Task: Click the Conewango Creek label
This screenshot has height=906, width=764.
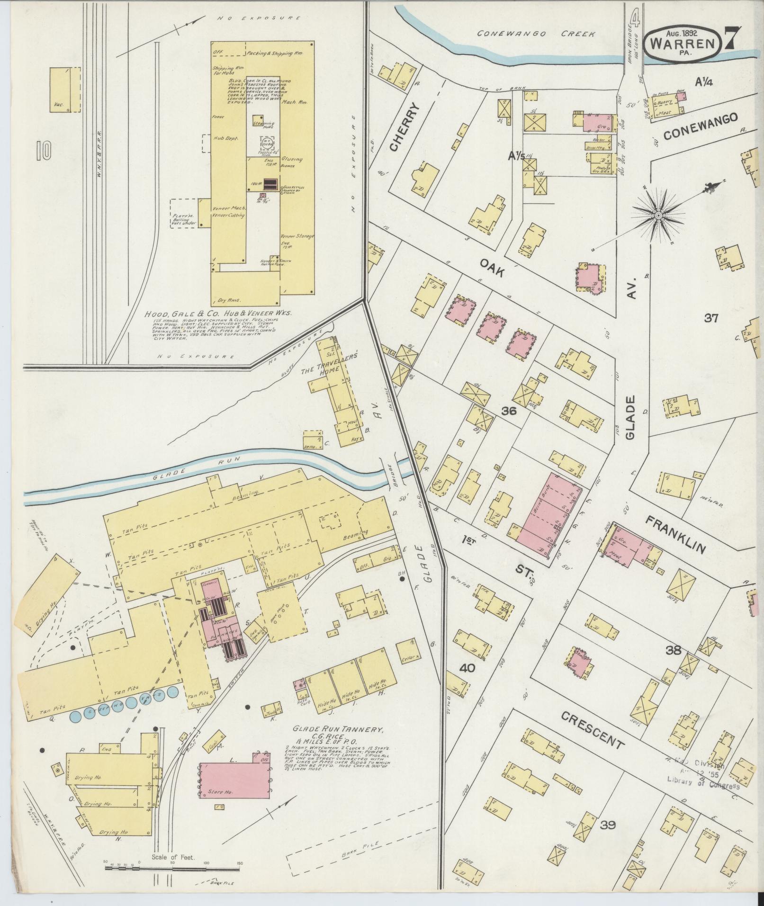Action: (x=538, y=34)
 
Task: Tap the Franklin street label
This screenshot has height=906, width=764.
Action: (x=676, y=528)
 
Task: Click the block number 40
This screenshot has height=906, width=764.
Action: (x=467, y=668)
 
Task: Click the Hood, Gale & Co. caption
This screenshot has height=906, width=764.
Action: (x=218, y=314)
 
